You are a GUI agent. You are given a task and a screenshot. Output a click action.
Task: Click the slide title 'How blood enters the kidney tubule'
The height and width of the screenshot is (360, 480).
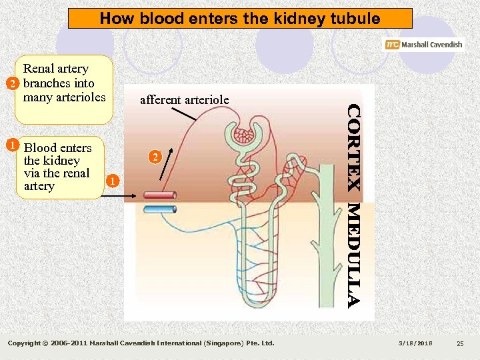[x=240, y=18]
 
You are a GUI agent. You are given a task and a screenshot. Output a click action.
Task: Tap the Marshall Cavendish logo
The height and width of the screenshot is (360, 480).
[x=423, y=45]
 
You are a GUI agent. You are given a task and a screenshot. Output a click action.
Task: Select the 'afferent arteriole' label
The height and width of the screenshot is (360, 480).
[x=184, y=100]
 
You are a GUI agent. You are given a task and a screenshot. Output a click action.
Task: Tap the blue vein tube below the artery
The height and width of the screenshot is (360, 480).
[x=160, y=209]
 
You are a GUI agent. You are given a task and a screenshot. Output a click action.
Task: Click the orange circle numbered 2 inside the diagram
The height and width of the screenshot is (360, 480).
[x=154, y=158]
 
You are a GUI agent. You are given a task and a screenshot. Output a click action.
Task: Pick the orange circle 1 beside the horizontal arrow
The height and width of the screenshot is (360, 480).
[x=113, y=181]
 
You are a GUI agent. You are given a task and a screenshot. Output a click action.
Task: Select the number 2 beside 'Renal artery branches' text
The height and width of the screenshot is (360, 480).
[x=11, y=84]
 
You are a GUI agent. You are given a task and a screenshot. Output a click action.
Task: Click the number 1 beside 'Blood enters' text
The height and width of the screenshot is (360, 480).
[x=11, y=144]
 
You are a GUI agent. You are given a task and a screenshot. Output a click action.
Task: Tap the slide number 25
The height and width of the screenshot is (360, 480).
[x=459, y=343]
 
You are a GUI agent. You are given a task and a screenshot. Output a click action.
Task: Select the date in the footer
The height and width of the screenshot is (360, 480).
[x=415, y=343]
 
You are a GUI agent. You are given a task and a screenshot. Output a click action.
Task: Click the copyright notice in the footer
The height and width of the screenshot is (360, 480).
[x=141, y=343]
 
